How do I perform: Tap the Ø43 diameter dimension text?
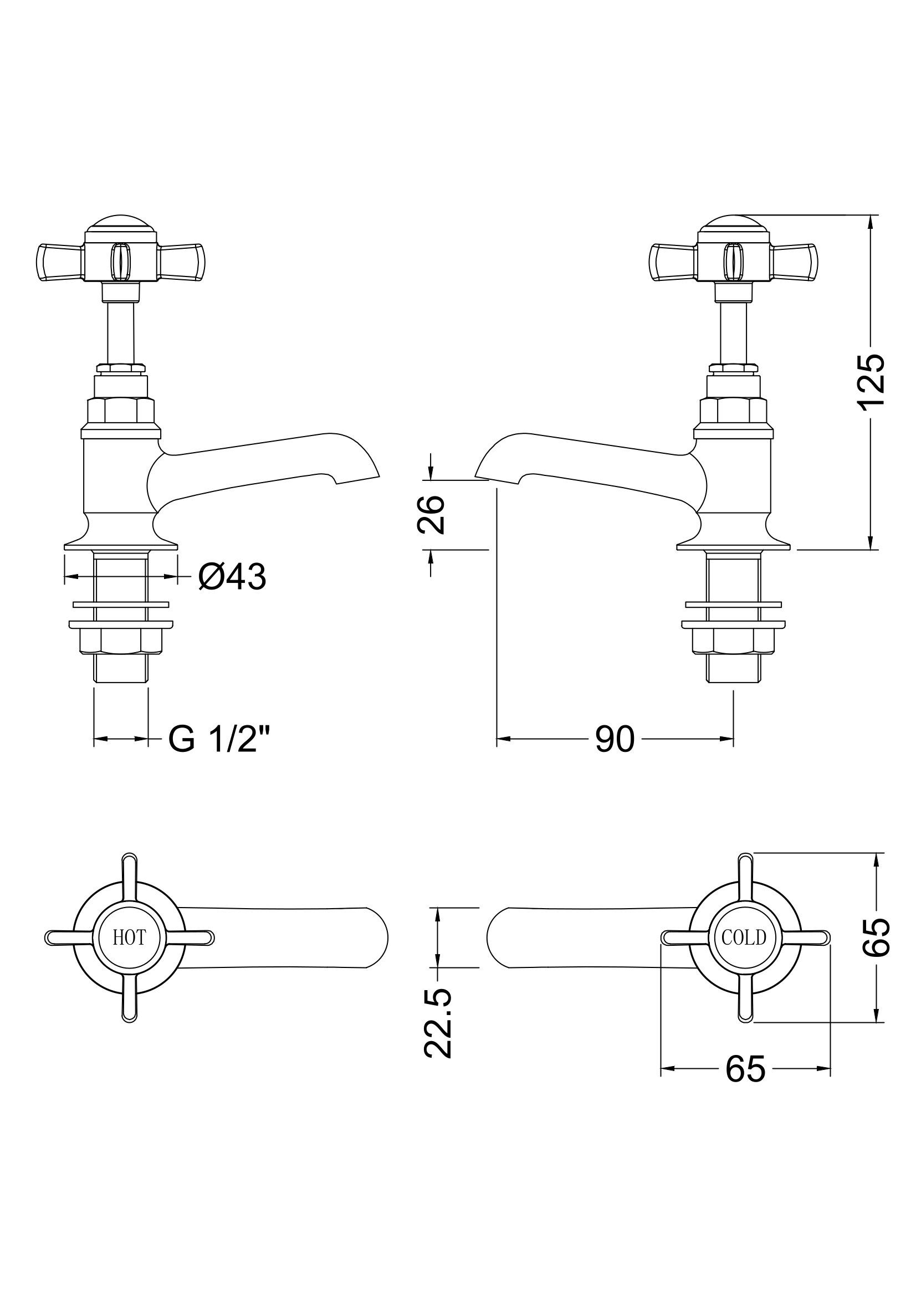point(232,577)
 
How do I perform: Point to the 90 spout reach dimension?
point(615,739)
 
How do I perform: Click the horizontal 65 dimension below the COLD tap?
point(745,1068)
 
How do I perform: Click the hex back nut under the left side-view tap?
point(121,641)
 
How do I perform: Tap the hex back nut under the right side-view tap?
point(734,641)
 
